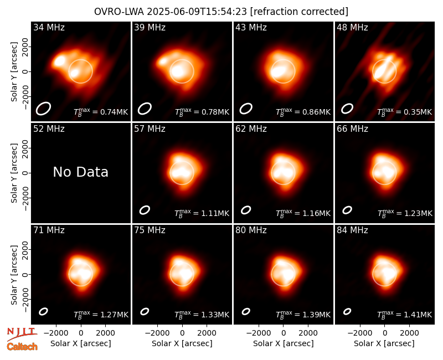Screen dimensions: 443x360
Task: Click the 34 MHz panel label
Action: [49, 27]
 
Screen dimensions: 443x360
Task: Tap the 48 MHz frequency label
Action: [352, 27]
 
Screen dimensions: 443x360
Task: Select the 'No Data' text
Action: [80, 172]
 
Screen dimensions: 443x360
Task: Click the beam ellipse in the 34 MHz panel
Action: [43, 109]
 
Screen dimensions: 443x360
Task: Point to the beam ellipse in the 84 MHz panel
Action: [347, 311]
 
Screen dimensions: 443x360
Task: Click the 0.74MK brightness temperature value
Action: [110, 112]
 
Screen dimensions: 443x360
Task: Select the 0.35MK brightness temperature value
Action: [414, 112]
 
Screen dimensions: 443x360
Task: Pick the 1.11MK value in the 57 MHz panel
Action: [212, 213]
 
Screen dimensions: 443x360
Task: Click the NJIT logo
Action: [22, 334]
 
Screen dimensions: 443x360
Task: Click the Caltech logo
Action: [22, 347]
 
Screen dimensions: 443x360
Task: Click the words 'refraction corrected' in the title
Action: [300, 12]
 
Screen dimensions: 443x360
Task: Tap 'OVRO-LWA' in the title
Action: [119, 12]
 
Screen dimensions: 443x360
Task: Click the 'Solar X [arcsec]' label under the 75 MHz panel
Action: [182, 343]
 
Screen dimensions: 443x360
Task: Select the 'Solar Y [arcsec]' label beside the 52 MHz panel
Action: [14, 173]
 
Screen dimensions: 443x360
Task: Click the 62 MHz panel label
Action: [251, 129]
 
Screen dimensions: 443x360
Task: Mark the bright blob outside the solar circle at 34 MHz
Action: [59, 61]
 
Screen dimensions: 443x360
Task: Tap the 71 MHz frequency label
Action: [49, 230]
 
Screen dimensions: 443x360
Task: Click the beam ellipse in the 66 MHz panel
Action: [347, 210]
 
